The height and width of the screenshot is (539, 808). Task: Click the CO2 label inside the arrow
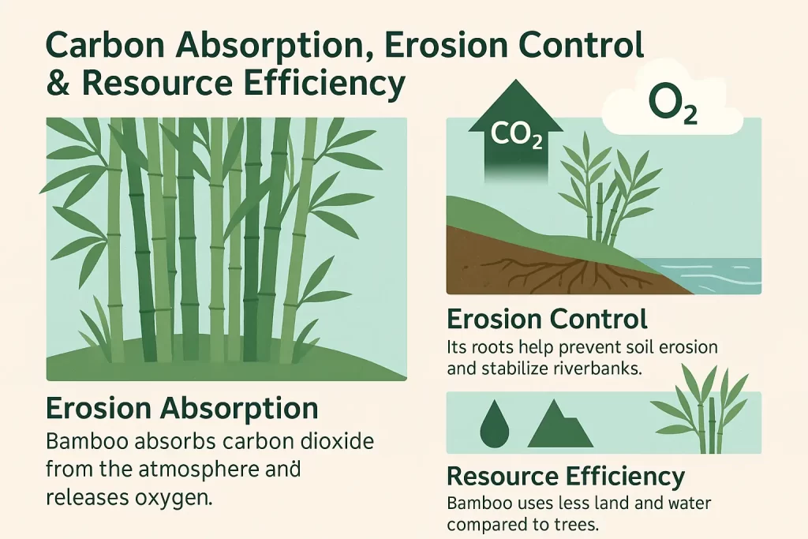pyautogui.click(x=516, y=135)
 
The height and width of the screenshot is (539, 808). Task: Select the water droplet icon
pyautogui.click(x=494, y=424)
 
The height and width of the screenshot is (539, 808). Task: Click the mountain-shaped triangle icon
pyautogui.click(x=560, y=423)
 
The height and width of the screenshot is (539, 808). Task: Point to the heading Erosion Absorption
pyautogui.click(x=182, y=408)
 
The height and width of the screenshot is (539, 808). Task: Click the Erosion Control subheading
pyautogui.click(x=547, y=319)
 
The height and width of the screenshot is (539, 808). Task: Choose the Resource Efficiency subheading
pyautogui.click(x=566, y=477)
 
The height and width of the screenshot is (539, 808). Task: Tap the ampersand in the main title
pyautogui.click(x=58, y=84)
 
